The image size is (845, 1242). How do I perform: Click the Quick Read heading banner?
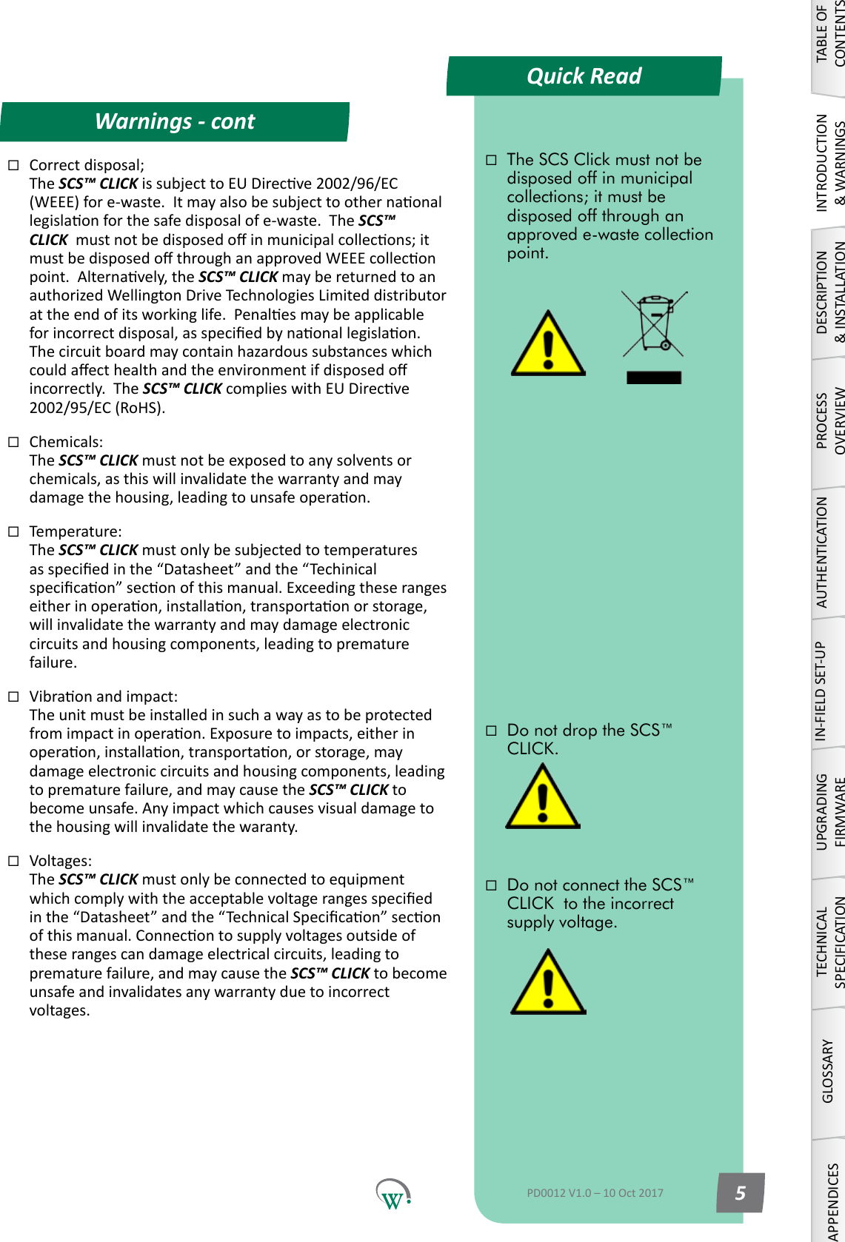tap(584, 76)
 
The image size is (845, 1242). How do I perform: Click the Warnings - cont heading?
tap(175, 121)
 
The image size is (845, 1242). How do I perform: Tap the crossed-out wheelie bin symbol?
tap(654, 324)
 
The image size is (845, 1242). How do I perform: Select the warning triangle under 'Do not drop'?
tap(543, 798)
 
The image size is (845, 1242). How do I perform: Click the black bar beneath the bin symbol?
tap(653, 377)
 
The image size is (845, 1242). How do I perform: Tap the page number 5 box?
tap(740, 1192)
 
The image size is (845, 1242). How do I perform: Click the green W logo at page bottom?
tap(393, 1194)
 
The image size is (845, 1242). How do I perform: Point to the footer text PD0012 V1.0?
tap(595, 1192)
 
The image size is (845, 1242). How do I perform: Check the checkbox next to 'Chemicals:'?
tap(13, 442)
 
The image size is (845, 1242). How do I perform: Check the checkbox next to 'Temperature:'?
tap(13, 531)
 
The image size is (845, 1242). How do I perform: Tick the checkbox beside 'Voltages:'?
tap(13, 861)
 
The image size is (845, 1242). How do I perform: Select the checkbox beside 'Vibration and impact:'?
tap(13, 696)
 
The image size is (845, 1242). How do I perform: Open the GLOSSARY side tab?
tap(828, 1072)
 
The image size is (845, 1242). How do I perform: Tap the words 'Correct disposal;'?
tap(87, 165)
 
